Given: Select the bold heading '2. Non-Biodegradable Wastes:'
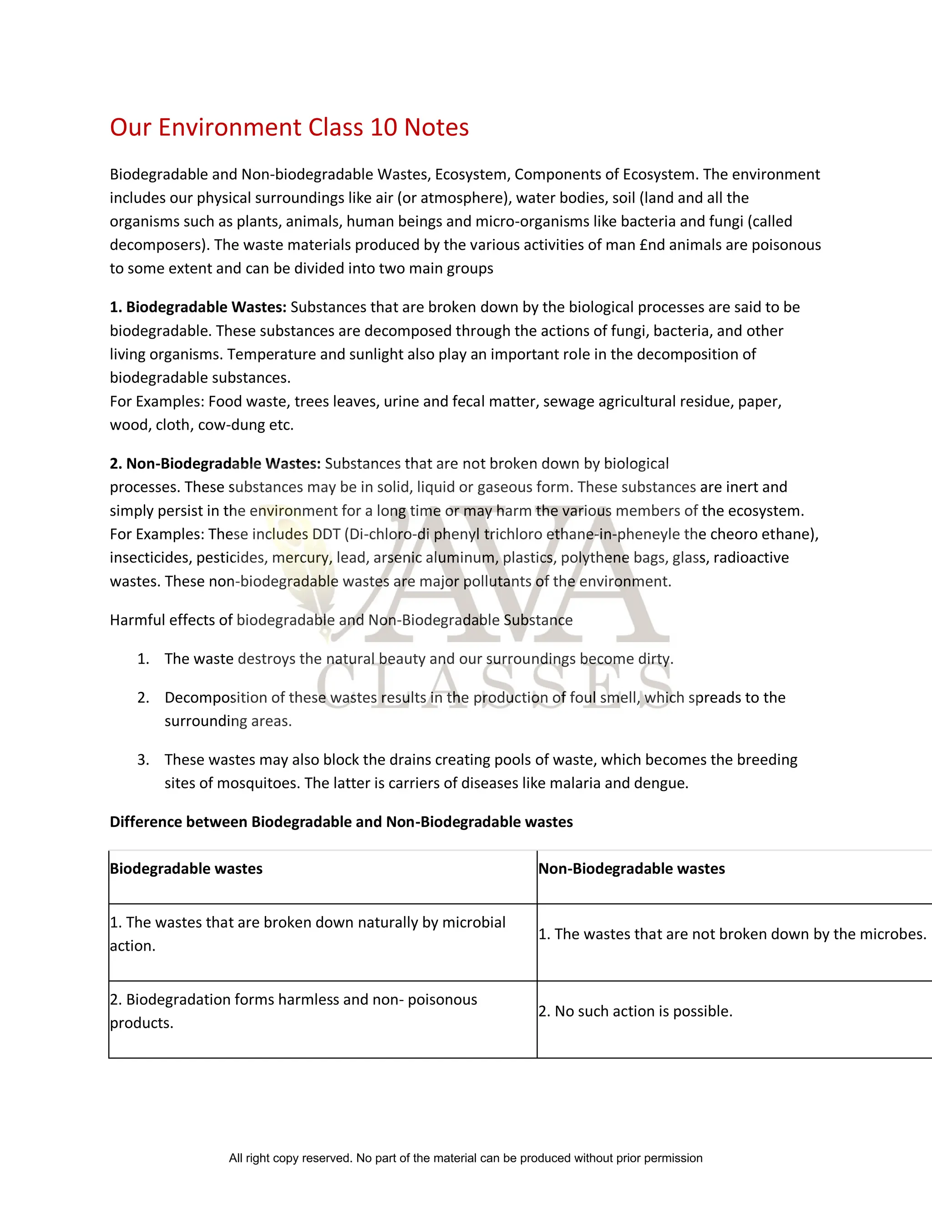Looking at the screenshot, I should tap(215, 463).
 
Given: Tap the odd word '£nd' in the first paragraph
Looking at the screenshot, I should tap(652, 245).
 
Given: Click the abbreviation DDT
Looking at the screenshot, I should tap(326, 534).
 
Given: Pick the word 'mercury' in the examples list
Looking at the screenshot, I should tap(301, 558).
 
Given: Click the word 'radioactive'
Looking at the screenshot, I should tap(751, 558).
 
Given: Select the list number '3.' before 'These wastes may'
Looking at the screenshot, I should tap(143, 760).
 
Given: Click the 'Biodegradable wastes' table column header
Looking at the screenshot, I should tap(186, 869).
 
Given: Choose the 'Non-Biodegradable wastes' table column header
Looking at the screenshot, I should tap(631, 869).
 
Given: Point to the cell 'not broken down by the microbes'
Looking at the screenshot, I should tap(732, 934).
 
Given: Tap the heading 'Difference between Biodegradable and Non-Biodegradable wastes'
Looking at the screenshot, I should tap(341, 821).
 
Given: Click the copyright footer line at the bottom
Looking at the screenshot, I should tap(466, 1158).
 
